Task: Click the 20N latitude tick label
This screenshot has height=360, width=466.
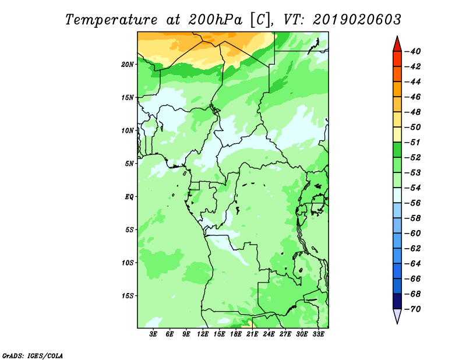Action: pos(127,65)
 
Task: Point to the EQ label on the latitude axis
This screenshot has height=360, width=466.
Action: pos(129,197)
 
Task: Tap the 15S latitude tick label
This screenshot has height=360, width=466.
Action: pos(127,296)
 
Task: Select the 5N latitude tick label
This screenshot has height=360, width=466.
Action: pos(129,164)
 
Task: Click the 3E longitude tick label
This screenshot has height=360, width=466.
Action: pos(153,334)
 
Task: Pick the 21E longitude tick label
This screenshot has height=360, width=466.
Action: pos(252,334)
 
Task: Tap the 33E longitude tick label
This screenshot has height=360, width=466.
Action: pos(318,334)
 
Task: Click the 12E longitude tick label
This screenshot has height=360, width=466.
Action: pos(202,334)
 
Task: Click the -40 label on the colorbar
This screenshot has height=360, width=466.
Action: pos(413,51)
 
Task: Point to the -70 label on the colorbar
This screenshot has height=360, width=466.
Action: pos(413,309)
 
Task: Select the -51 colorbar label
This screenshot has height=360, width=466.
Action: pos(413,142)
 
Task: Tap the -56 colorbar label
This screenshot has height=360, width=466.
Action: pos(413,203)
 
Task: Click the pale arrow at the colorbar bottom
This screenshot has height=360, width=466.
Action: pos(397,316)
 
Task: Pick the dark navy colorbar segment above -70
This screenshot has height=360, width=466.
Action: pos(397,301)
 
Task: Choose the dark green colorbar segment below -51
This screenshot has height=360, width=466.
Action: pos(397,150)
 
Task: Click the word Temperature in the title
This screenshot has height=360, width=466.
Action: pos(111,20)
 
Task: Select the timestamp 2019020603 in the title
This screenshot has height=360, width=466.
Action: pos(356,20)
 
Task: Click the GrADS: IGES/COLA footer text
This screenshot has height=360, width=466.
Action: pos(33,355)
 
